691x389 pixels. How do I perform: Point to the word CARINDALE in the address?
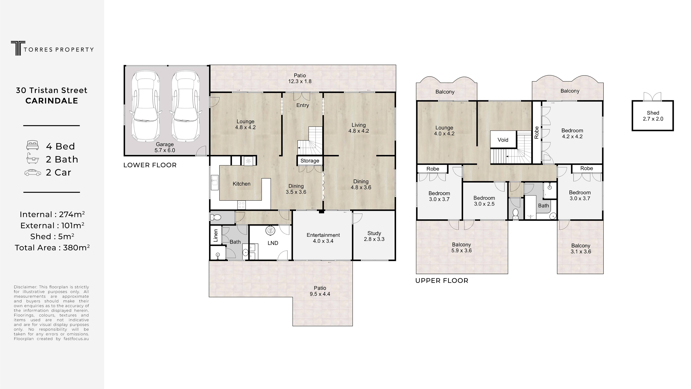tap(52, 101)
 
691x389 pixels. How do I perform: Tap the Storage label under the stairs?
tap(310, 161)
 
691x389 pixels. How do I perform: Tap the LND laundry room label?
tap(273, 243)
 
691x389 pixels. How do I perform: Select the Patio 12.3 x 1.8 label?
tap(300, 78)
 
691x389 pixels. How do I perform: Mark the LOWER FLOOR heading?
tap(150, 165)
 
